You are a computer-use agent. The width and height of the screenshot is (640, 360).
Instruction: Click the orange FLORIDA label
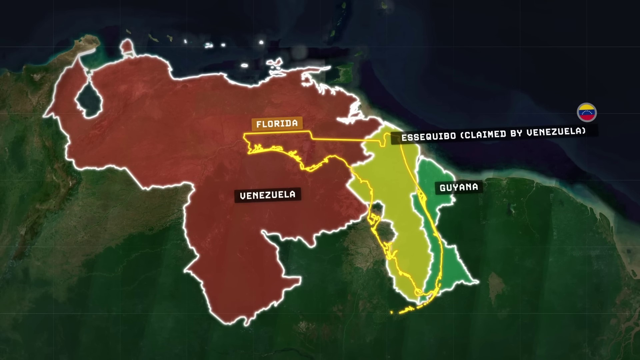coord(277,124)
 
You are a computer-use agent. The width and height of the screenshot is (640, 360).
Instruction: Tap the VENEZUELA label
coord(268,195)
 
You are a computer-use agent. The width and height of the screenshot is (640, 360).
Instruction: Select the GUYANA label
coord(459,188)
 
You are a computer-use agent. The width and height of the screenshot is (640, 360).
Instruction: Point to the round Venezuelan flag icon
coord(587,113)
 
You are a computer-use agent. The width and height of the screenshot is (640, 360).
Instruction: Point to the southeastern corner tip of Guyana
coord(477,282)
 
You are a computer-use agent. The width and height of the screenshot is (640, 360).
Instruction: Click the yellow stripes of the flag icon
coord(587,108)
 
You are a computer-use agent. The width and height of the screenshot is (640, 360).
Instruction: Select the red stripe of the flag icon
coord(587,117)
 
